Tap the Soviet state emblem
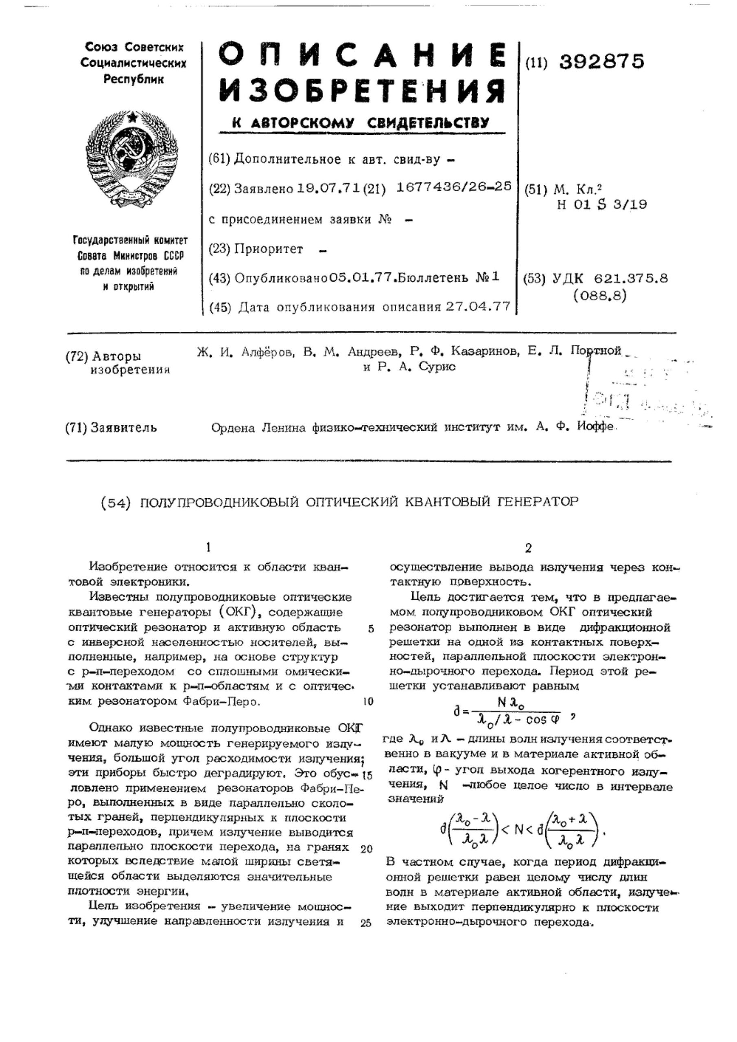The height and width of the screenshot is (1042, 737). pyautogui.click(x=132, y=158)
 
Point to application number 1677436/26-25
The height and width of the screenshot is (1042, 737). pyautogui.click(x=454, y=186)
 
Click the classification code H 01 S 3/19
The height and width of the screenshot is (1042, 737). pyautogui.click(x=602, y=205)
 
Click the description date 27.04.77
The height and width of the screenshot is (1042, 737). pyautogui.click(x=478, y=307)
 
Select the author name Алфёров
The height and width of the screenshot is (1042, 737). pyautogui.click(x=267, y=351)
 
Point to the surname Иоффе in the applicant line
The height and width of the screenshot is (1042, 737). pyautogui.click(x=595, y=427)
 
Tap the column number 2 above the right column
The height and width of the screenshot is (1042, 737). pyautogui.click(x=528, y=549)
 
